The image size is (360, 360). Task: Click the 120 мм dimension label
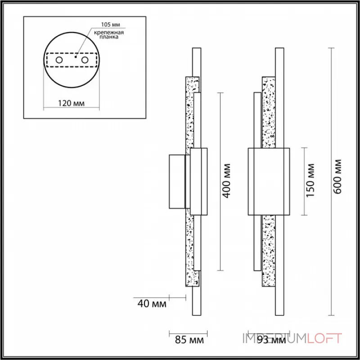coord(71,103)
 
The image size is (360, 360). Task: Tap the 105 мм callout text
coord(111,25)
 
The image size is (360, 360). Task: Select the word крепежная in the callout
coord(109,32)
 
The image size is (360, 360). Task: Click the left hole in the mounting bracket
coord(59,60)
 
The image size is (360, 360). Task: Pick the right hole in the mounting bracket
coord(85,60)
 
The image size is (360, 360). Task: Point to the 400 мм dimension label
coord(227,181)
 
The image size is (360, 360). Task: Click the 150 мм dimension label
coord(310,180)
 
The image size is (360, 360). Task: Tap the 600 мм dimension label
coord(337,177)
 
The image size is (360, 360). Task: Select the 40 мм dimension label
coord(152,304)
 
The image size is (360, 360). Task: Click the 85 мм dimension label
coord(189,340)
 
